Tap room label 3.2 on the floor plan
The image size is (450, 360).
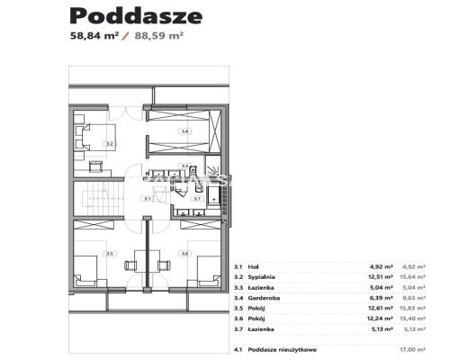point(108,143)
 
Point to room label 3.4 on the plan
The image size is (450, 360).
point(184,132)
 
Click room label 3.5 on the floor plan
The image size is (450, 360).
point(110,254)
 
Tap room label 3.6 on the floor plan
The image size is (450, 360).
point(185,254)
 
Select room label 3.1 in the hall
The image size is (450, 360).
point(146,198)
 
